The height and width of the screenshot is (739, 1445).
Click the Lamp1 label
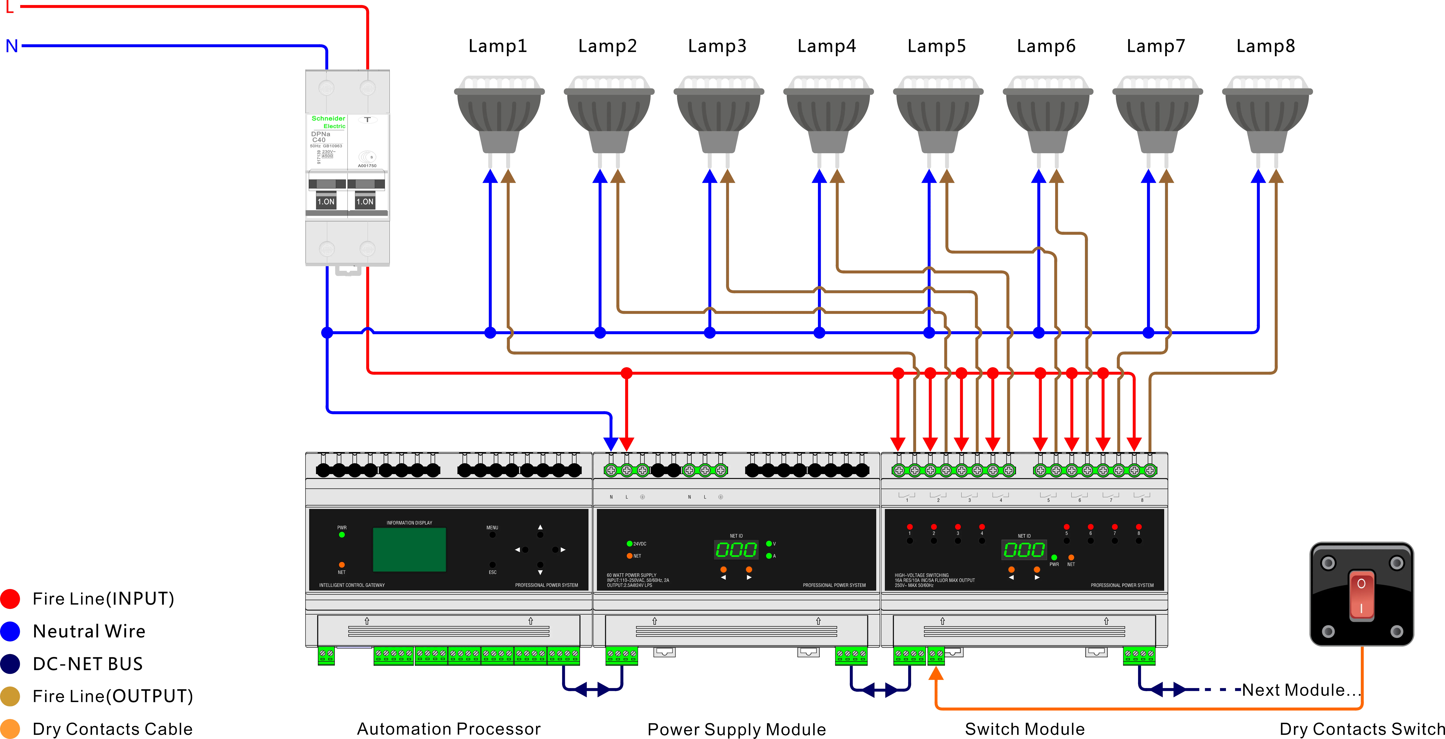[497, 46]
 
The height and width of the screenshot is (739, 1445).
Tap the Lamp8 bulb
[1267, 115]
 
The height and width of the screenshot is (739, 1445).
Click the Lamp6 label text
[1046, 46]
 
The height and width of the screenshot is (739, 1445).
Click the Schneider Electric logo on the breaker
[329, 122]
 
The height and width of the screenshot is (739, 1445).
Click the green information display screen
[409, 549]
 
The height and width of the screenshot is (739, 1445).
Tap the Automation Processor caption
[449, 729]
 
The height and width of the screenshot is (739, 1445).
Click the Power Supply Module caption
[736, 729]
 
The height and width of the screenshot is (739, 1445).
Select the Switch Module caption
[1024, 729]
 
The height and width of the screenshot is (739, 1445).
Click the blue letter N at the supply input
[11, 45]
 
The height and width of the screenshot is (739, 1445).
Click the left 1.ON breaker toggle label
[326, 201]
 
